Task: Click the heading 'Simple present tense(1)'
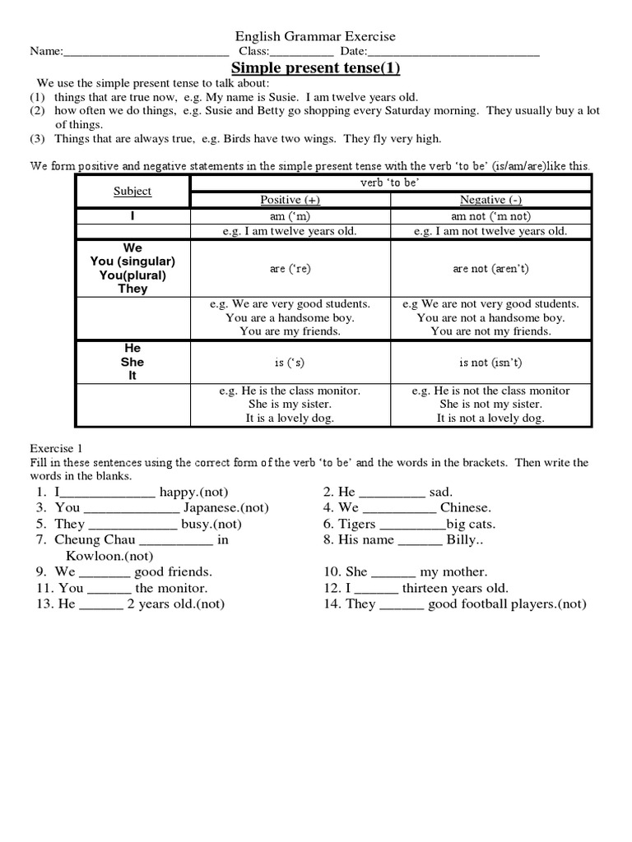(x=316, y=68)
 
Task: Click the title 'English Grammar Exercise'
(x=316, y=36)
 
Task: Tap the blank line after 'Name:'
(x=145, y=53)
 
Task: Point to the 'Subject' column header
(x=132, y=191)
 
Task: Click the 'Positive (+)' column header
(x=290, y=200)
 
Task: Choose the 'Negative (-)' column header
(x=490, y=200)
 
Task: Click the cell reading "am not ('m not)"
(x=490, y=215)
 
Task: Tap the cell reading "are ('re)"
(x=290, y=269)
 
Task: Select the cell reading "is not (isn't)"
(x=490, y=362)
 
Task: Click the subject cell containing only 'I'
(x=132, y=215)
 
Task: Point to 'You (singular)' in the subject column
(x=132, y=261)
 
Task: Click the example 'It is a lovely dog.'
(x=290, y=419)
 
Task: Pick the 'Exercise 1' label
(x=57, y=449)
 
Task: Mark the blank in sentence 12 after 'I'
(x=379, y=588)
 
